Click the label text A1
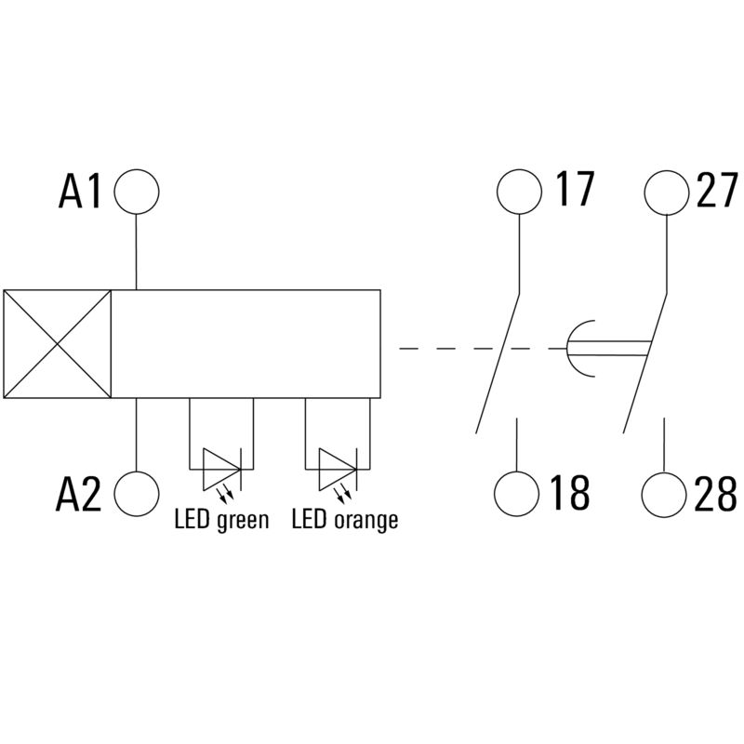coord(79,192)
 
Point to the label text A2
coord(78,494)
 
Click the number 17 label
coord(574,189)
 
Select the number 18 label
coord(570,492)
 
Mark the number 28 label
coord(715,494)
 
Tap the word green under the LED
coord(243,521)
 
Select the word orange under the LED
coord(365,521)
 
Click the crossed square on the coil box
coord(58,344)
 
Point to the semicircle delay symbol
coord(567,349)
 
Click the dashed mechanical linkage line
coord(483,349)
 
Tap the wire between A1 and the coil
coord(137,252)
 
